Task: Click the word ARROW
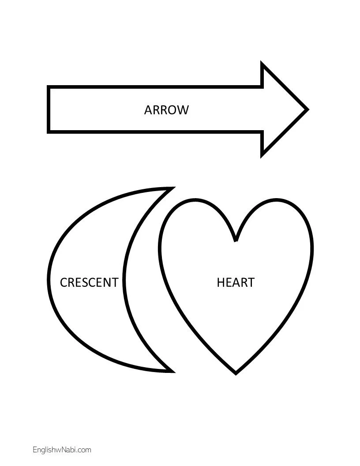[x=166, y=110]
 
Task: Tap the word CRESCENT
[x=89, y=282]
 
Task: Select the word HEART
[x=236, y=282]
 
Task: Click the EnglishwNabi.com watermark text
[x=62, y=450]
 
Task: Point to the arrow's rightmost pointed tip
[x=307, y=109]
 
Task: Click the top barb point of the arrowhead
[x=263, y=64]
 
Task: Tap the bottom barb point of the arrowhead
[x=263, y=155]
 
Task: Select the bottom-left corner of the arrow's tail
[x=49, y=131]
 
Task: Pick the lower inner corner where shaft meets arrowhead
[x=263, y=131]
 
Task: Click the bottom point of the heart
[x=236, y=373]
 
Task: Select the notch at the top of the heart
[x=236, y=241]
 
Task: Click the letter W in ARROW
[x=182, y=110]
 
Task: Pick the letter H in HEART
[x=221, y=282]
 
